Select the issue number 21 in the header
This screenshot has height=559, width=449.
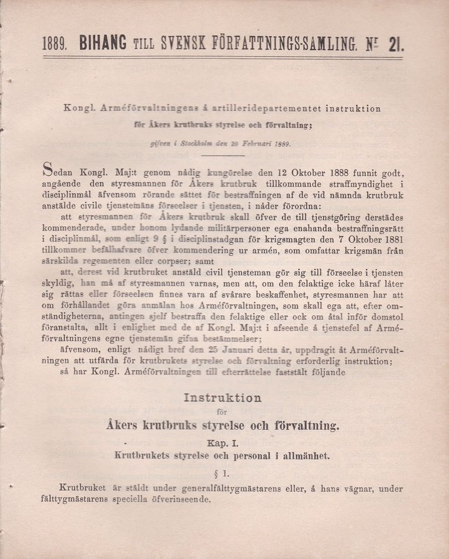pyautogui.click(x=395, y=44)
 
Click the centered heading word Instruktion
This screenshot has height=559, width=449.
pyautogui.click(x=222, y=398)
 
